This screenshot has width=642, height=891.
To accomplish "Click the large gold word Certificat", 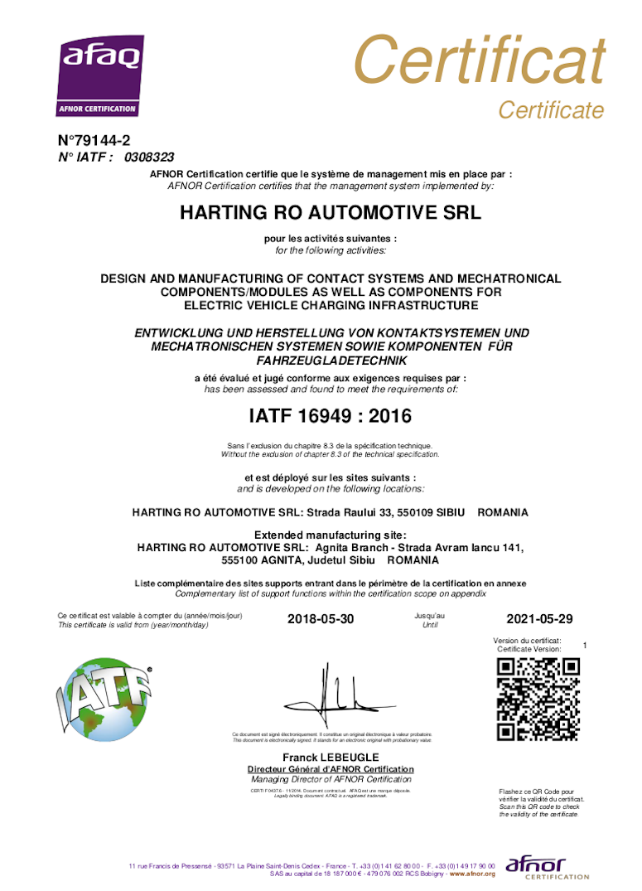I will [479, 60].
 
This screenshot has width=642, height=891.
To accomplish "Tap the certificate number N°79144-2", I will [94, 141].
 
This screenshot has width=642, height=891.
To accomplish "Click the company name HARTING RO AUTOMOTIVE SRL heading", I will [331, 212].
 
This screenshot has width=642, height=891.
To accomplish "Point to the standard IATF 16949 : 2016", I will [331, 414].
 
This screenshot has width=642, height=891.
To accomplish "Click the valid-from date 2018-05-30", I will [321, 619].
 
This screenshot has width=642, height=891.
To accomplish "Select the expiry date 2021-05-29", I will [538, 619].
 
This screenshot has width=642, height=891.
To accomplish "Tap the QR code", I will [537, 699].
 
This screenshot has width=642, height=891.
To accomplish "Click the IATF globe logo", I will [104, 697].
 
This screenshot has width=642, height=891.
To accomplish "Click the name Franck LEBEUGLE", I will [331, 758].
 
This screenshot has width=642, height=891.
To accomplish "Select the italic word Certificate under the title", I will [551, 109].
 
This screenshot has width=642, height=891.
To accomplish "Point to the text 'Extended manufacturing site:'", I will [330, 535].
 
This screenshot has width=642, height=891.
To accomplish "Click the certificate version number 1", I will [585, 645].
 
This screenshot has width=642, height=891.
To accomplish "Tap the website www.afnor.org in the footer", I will [472, 874].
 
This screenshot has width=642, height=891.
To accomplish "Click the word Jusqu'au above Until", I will [429, 616].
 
